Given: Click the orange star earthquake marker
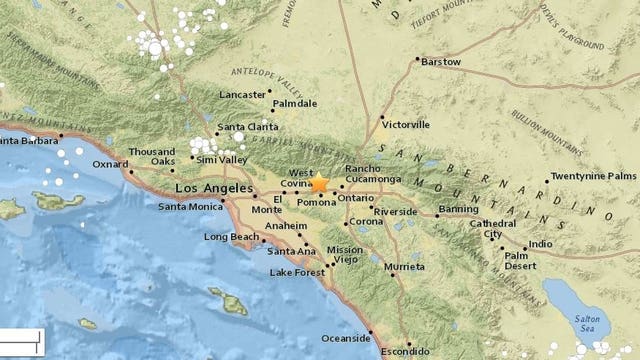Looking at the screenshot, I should click(319, 183).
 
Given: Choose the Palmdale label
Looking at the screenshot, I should click(294, 103).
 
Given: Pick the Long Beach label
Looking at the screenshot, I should click(231, 238).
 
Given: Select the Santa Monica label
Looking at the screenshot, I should click(189, 206).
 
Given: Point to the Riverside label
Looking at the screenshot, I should click(396, 212).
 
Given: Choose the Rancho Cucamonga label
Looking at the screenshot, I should click(373, 173).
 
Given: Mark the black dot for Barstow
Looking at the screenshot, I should click(416, 61).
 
